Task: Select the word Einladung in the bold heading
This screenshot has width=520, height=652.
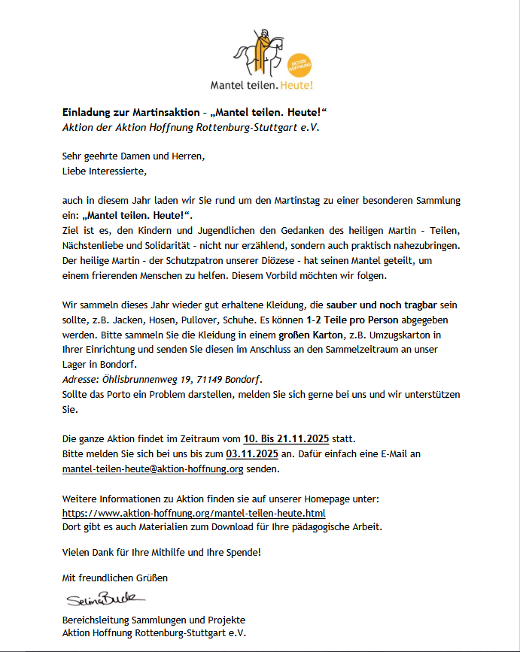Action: click(x=87, y=112)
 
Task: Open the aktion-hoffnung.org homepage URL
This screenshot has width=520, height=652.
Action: click(x=193, y=513)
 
